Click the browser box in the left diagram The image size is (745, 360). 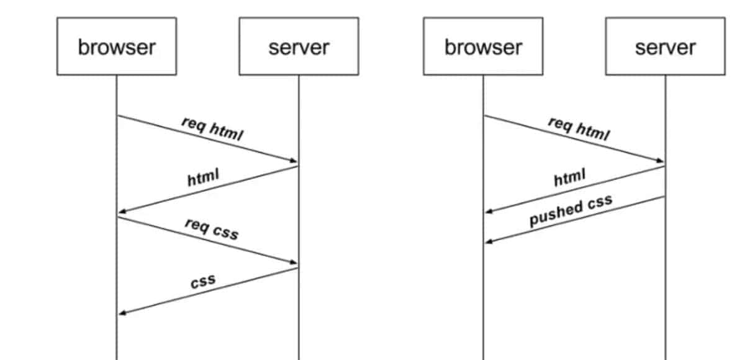(116, 47)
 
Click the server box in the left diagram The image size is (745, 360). (299, 47)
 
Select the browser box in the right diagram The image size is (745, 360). (483, 47)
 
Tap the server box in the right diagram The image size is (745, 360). (665, 47)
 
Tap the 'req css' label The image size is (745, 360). (212, 229)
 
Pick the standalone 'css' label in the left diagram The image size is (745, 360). (203, 281)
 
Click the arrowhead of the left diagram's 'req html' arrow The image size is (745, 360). (294, 161)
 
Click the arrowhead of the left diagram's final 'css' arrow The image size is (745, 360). (122, 313)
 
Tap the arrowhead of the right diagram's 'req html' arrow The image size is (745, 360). (661, 161)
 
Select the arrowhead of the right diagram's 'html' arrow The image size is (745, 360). (489, 212)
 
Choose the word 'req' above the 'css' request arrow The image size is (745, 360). (196, 224)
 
